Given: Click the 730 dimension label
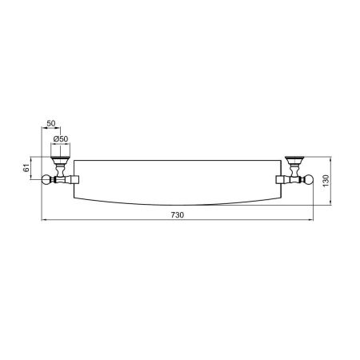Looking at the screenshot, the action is [178, 215].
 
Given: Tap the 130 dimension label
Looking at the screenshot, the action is [326, 181].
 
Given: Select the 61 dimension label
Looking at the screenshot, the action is [26, 168].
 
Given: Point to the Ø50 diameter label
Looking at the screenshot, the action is [61, 139].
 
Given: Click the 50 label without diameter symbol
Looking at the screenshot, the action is [51, 123].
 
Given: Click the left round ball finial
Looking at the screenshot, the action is [46, 179].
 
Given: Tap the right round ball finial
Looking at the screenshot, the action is [309, 179].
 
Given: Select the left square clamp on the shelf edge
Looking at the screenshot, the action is [77, 179].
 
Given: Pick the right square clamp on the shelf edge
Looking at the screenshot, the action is [278, 179].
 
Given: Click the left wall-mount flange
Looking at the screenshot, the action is [61, 160].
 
